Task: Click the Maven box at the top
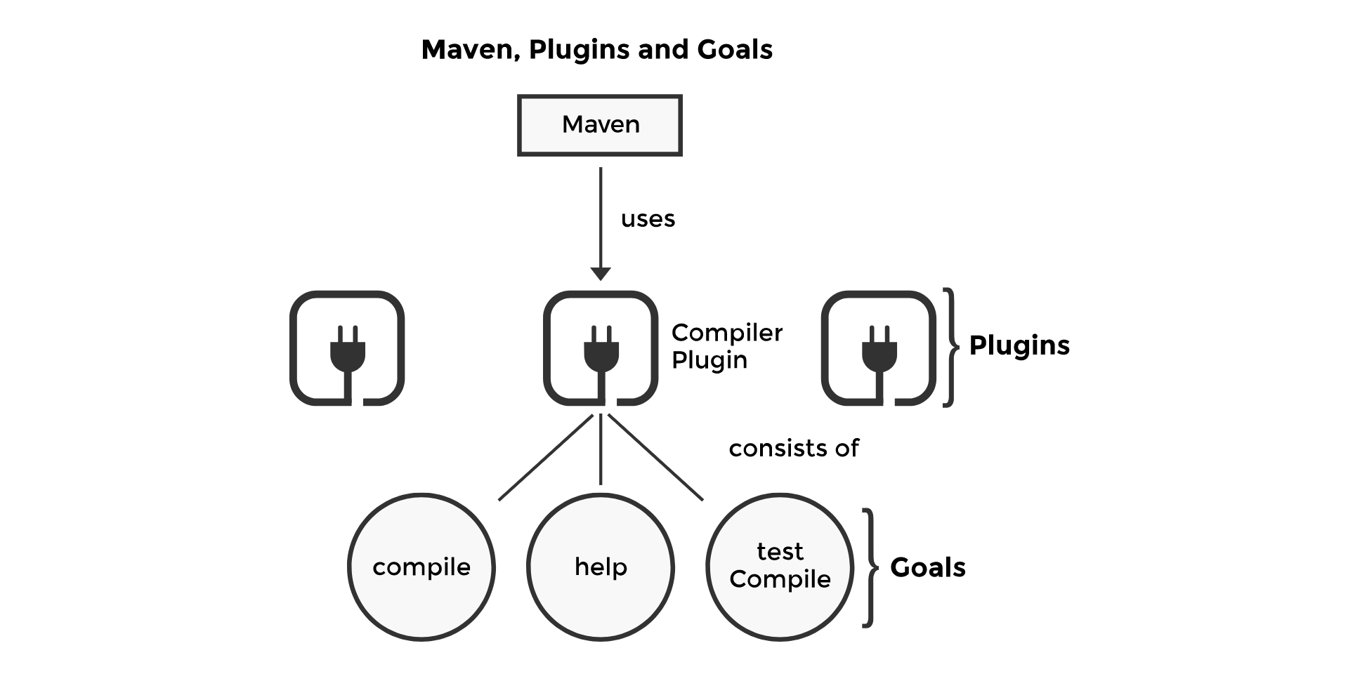599,125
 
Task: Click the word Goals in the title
734,50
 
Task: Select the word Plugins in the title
579,50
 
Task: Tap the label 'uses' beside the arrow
647,219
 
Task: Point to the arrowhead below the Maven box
600,273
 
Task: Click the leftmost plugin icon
347,348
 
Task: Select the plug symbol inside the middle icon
601,348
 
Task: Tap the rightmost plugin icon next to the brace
878,348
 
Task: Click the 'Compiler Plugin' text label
726,346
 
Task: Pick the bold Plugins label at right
1019,345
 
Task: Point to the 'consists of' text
793,448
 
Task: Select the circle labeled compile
421,567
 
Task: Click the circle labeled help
600,567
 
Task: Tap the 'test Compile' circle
779,567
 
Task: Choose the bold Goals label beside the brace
927,567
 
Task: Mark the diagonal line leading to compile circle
545,458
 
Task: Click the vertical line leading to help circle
600,449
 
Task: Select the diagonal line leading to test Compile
655,458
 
